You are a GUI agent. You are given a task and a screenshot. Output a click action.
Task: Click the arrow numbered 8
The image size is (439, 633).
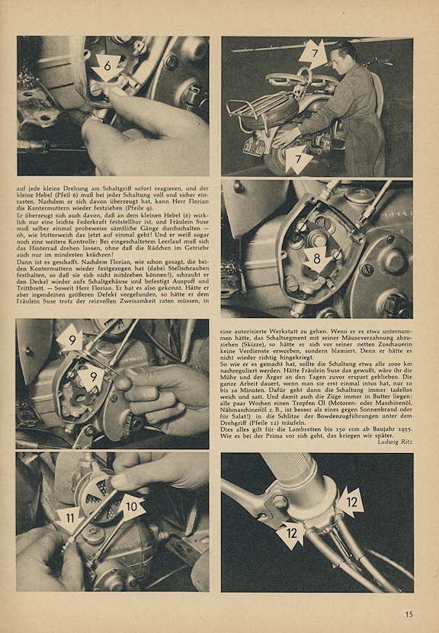317,260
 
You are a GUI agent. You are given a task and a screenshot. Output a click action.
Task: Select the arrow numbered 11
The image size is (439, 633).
69,519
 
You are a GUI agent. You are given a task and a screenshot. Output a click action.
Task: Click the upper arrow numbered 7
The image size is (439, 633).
313,54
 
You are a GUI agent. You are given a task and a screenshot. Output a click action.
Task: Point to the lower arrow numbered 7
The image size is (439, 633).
299,159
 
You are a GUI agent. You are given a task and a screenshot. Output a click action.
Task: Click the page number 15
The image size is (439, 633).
409,615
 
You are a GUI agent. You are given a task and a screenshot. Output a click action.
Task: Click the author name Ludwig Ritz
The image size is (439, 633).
395,442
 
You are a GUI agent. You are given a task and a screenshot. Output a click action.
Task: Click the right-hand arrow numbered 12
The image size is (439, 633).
351,502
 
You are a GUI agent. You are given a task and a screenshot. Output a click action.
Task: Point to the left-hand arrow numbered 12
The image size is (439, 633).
290,535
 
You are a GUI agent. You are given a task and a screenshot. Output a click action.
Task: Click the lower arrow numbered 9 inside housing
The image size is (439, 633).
93,378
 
